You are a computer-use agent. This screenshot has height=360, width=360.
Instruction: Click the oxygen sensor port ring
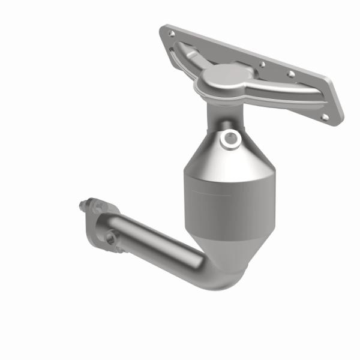click(228, 139)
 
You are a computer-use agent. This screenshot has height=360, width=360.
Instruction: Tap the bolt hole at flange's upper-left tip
click(172, 34)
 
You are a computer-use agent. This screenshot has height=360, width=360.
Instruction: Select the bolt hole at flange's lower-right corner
click(325, 117)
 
